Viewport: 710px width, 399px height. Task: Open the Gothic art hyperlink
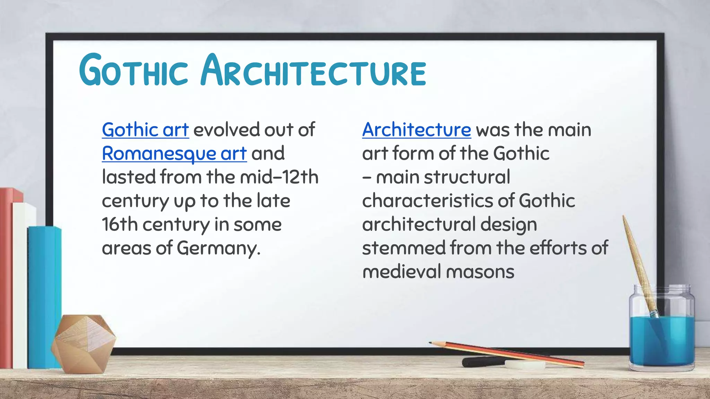click(145, 130)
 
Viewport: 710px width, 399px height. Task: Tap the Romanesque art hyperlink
click(174, 154)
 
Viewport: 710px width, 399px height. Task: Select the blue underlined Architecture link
click(416, 130)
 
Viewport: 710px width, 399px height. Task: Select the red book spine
click(6, 277)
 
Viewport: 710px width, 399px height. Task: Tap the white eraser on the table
click(525, 364)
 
